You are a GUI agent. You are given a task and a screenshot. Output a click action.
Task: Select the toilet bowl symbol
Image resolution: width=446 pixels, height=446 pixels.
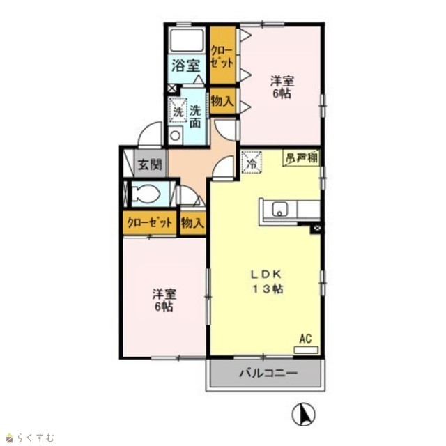pyautogui.click(x=146, y=194)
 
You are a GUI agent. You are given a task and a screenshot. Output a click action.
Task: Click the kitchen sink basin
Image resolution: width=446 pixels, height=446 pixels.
pyautogui.click(x=280, y=210)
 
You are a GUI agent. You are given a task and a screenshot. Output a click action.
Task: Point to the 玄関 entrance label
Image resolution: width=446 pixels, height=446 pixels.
pyautogui.click(x=151, y=164)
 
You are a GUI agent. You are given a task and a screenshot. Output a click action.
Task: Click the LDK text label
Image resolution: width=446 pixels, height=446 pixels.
pyautogui.click(x=266, y=274)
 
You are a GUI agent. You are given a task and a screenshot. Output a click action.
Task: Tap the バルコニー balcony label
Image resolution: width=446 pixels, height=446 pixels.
pyautogui.click(x=268, y=373)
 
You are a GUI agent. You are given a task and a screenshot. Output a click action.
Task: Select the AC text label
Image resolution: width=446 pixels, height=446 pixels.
pyautogui.click(x=305, y=339)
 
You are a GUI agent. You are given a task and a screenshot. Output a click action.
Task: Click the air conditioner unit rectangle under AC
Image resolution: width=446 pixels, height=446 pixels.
pyautogui.click(x=306, y=350)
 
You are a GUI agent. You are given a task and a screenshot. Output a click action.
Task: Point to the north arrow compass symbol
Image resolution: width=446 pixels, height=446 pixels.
pyautogui.click(x=304, y=415)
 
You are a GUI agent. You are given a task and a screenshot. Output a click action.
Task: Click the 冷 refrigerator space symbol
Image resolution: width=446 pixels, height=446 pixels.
pyautogui.click(x=252, y=162)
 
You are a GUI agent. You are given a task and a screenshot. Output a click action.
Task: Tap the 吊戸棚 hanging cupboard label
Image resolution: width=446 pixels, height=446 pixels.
pyautogui.click(x=302, y=158)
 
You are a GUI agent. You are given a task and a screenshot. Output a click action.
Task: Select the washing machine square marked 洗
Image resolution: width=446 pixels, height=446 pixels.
pyautogui.click(x=178, y=111)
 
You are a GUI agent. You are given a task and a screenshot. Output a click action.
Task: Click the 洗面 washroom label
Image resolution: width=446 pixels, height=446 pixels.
pyautogui.click(x=196, y=116)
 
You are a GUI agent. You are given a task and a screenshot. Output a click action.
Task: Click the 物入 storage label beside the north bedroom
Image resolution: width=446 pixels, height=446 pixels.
pyautogui.click(x=223, y=100)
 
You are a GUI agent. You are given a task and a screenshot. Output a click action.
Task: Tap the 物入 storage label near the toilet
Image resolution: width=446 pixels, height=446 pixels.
pyautogui.click(x=193, y=223)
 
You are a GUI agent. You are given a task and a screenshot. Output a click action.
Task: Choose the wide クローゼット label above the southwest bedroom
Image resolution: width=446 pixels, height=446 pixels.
pyautogui.click(x=150, y=223)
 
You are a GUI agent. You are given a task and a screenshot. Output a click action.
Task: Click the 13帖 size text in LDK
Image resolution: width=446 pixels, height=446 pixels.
pyautogui.click(x=268, y=289)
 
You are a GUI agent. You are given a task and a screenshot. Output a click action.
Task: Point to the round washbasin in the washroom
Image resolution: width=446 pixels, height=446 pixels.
pyautogui.click(x=176, y=136)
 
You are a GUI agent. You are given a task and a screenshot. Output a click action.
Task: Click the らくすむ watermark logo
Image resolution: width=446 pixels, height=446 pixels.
pyautogui.click(x=30, y=437)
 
